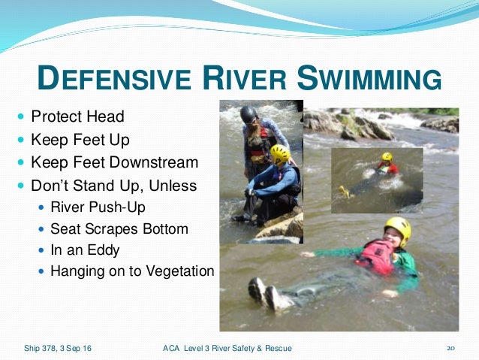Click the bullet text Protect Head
[77, 117]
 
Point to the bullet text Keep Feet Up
[80, 139]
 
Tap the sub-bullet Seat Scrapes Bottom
[119, 228]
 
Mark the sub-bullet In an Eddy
[85, 249]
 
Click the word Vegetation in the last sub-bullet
[181, 271]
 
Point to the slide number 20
[451, 347]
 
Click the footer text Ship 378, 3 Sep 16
[56, 347]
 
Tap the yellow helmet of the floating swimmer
[397, 228]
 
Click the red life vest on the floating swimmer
[375, 257]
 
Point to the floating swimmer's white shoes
[264, 294]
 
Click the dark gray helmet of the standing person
[249, 114]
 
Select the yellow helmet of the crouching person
[280, 154]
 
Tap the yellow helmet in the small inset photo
[387, 158]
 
